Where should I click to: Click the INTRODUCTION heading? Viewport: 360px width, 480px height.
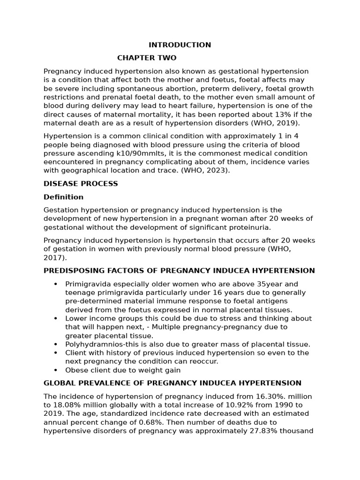click(x=180, y=45)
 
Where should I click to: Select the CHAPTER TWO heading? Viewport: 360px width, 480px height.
click(x=147, y=58)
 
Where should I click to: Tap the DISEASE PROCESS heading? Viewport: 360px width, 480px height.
click(x=81, y=184)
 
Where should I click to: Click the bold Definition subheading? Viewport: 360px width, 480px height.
click(x=63, y=197)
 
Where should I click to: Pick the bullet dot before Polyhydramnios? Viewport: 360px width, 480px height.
click(x=56, y=345)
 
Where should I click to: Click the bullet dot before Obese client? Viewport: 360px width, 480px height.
click(x=56, y=370)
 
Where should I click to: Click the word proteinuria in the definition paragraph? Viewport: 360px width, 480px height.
click(x=247, y=227)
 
